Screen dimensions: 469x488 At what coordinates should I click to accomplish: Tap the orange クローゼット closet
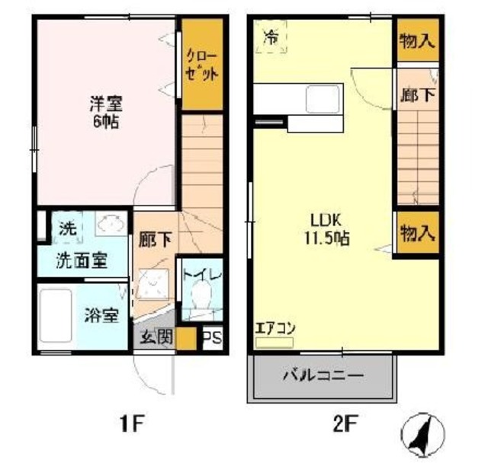click(202, 66)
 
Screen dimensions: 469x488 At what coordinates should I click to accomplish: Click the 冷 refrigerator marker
click(271, 37)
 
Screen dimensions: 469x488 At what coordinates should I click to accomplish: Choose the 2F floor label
click(343, 421)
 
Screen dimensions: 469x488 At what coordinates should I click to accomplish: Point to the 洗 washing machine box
click(67, 228)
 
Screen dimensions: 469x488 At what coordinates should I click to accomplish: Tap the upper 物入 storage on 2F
click(417, 41)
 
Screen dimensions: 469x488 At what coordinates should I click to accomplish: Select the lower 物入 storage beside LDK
click(417, 233)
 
